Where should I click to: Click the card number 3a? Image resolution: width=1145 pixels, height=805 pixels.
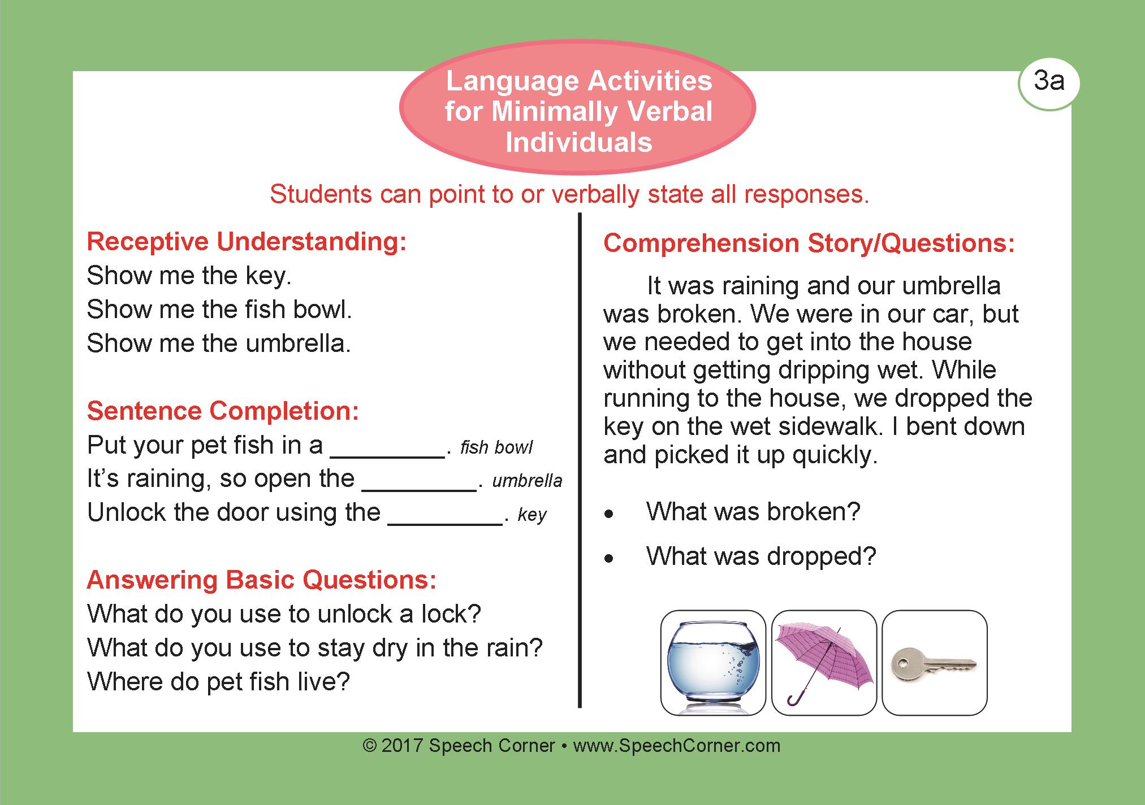coord(1049,82)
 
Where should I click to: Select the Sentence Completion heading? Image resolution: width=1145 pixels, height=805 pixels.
coord(223,411)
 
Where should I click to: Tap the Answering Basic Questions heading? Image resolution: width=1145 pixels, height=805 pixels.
coord(262,580)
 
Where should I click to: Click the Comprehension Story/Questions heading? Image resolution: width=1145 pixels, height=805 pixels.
coord(809,243)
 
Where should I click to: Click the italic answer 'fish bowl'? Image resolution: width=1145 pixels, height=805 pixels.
coord(496,448)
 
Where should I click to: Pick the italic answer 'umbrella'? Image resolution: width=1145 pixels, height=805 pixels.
coord(527,481)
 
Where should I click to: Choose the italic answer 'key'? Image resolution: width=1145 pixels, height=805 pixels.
coord(532,515)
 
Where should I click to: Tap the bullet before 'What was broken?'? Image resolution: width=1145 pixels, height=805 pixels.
coord(609,515)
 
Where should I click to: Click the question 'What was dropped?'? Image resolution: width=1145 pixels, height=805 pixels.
coord(761,557)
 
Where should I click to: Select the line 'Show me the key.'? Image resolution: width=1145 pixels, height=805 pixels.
coord(189,276)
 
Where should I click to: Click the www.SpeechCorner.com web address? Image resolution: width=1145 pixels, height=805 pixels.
coord(677,746)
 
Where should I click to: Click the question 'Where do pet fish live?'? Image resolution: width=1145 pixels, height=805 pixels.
coord(219,682)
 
